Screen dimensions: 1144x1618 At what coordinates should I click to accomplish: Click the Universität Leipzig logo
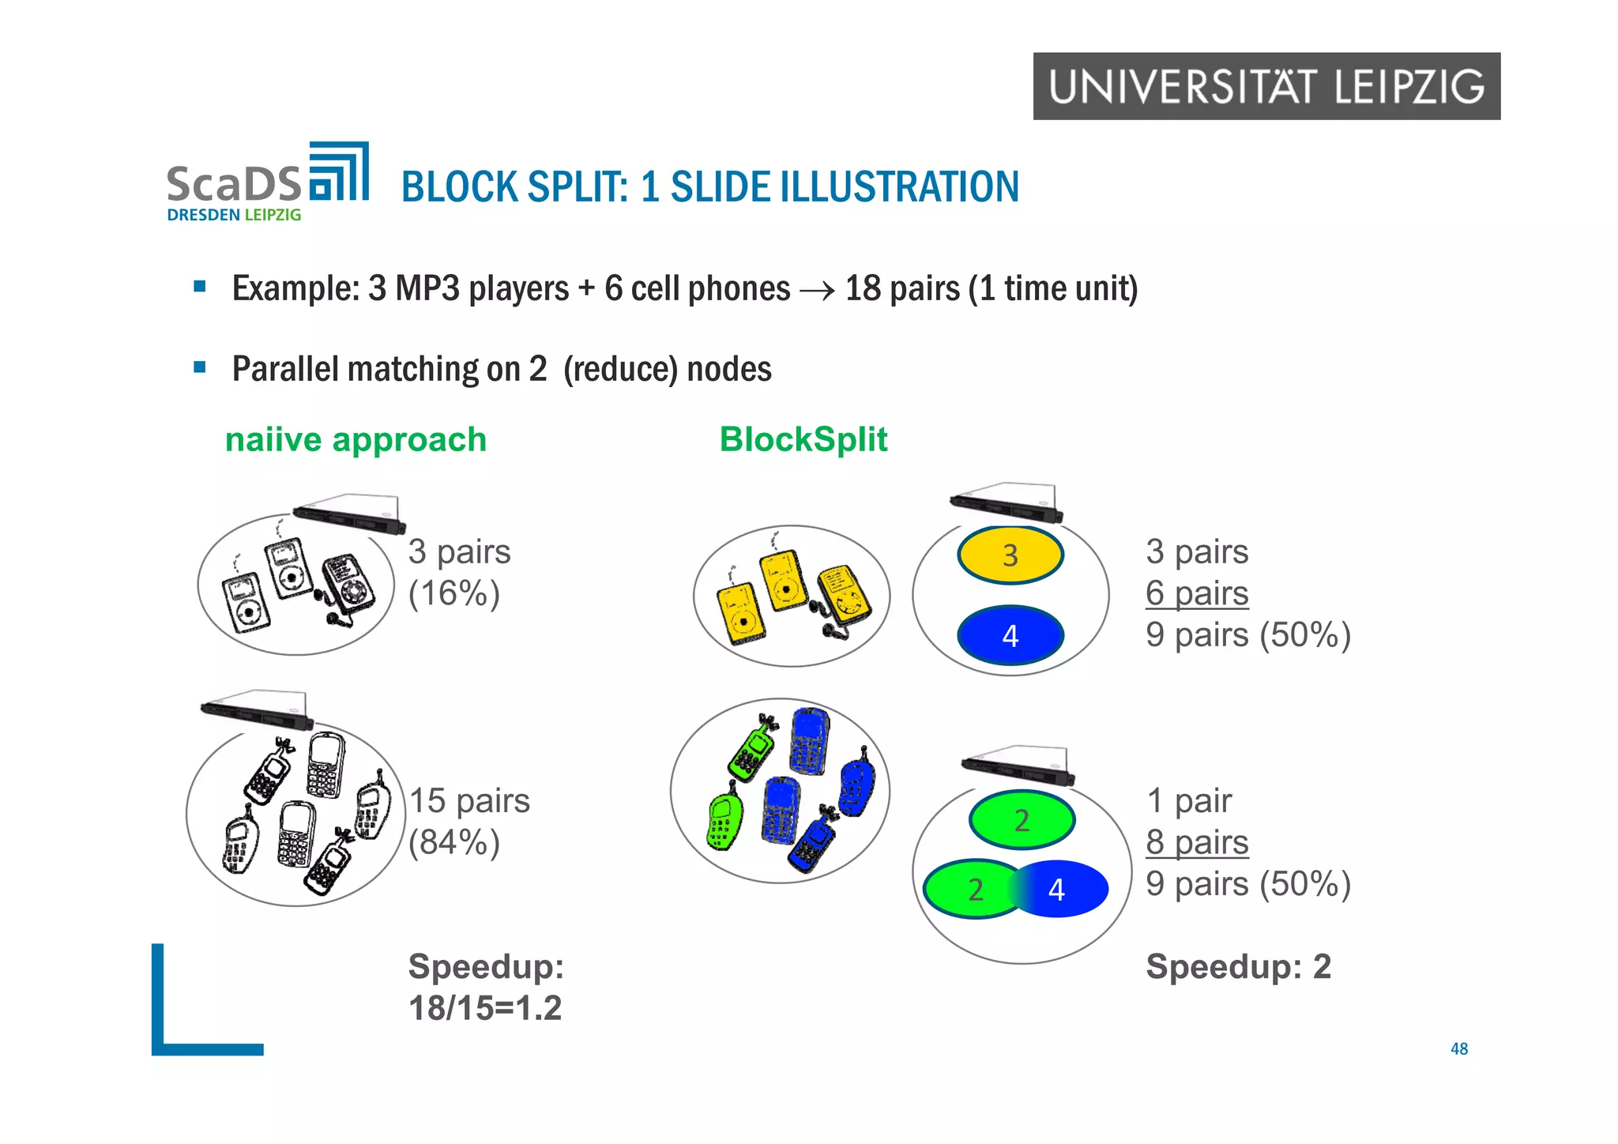click(1266, 86)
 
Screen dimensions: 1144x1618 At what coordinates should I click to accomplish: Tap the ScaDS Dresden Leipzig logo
click(267, 183)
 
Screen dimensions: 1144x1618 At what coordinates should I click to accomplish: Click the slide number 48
click(1458, 1048)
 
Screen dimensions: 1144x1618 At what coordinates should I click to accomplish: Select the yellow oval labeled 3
click(1010, 555)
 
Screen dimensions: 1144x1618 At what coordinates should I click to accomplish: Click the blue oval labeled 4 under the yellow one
click(1010, 636)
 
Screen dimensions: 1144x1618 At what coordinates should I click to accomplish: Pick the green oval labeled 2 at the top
click(1022, 820)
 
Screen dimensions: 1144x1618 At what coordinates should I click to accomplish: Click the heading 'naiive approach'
click(356, 440)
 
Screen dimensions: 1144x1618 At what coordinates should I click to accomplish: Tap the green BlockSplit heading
click(803, 439)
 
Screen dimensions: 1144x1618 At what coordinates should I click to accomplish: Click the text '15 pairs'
click(469, 800)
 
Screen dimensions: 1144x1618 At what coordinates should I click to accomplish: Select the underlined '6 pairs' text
click(1196, 593)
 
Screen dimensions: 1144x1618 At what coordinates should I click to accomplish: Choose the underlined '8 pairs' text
click(1196, 842)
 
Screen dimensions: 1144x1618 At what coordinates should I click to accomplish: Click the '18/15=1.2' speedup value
click(484, 1008)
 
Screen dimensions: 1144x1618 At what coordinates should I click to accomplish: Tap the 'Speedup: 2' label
click(1238, 966)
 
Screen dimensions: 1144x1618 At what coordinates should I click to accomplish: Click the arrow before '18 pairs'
click(817, 291)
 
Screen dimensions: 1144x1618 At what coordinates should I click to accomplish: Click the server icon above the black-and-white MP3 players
click(349, 514)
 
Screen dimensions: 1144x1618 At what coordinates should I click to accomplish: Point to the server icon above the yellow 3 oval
click(1006, 502)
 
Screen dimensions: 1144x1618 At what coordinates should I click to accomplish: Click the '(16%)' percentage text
click(453, 593)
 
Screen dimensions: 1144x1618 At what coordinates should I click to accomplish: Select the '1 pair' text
click(1188, 800)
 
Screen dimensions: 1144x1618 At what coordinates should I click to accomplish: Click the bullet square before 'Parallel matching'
click(200, 367)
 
